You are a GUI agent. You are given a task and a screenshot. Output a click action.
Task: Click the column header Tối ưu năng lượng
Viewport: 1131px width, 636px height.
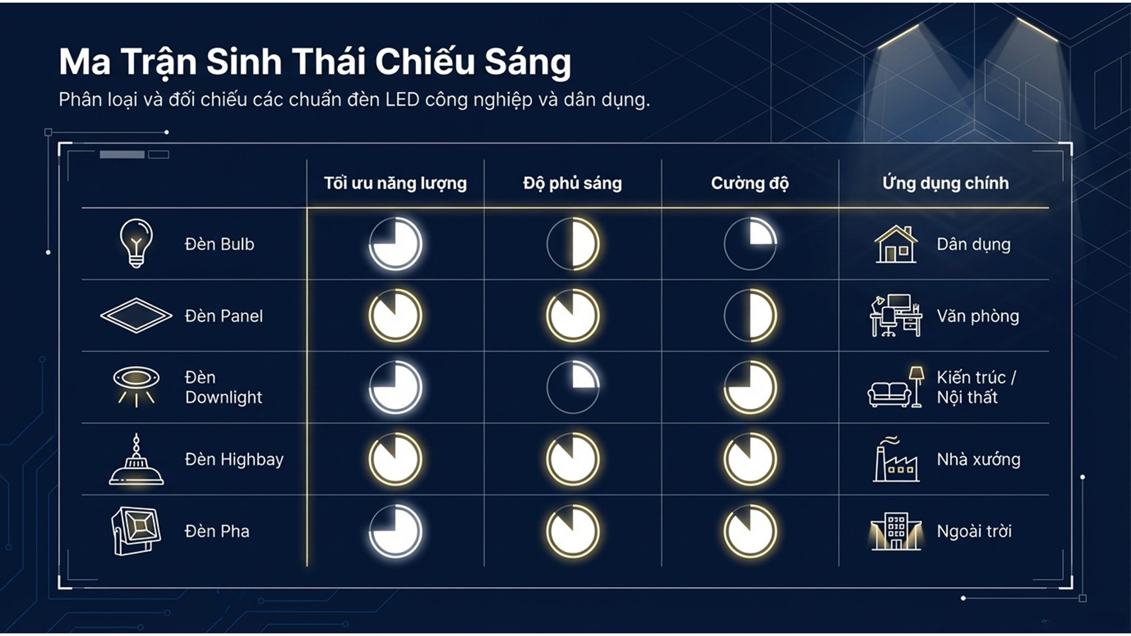point(395,184)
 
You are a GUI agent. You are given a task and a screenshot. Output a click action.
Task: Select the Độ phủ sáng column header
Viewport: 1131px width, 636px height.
point(572,184)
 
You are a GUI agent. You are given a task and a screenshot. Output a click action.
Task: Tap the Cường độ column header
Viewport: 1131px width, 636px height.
point(750,184)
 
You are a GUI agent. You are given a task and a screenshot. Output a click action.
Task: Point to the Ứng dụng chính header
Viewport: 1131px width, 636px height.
point(945,183)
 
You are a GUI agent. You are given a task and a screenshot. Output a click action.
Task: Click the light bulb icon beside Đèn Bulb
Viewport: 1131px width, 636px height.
point(136,243)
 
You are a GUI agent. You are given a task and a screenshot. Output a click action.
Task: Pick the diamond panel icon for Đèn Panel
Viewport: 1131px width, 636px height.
point(136,315)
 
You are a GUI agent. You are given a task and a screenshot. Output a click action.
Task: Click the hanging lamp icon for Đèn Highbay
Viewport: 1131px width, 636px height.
point(136,459)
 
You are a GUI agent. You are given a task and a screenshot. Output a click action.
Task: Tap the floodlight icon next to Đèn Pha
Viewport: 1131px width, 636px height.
point(136,531)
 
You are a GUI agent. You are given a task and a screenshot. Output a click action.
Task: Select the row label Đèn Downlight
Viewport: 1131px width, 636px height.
point(223,387)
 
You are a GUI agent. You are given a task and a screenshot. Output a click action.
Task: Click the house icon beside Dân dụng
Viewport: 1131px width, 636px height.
point(896,244)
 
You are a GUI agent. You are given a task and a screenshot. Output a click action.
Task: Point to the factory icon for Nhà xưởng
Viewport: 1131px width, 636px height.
point(896,459)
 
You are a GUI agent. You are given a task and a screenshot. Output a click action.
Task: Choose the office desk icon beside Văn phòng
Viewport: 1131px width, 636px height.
point(896,316)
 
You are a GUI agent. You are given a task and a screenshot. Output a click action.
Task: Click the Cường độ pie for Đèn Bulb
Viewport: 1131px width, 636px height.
point(750,244)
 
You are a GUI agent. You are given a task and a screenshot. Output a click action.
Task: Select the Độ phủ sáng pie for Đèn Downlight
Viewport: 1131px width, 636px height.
point(572,387)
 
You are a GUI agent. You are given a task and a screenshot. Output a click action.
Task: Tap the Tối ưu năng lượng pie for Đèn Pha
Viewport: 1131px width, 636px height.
point(395,531)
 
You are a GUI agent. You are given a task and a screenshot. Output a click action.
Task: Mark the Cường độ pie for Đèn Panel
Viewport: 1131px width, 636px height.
point(750,315)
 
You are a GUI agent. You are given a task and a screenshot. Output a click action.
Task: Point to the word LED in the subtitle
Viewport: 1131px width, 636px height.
point(402,99)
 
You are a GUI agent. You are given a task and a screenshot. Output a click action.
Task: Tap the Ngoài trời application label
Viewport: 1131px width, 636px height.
point(974,531)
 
